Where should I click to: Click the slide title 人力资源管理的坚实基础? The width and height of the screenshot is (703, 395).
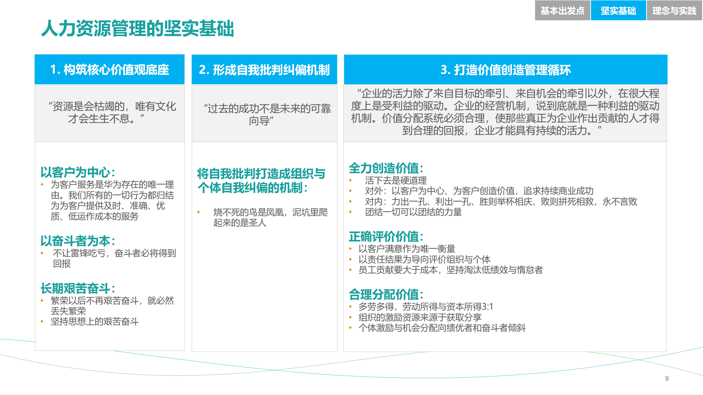click(137, 28)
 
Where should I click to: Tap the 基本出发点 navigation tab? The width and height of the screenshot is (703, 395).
click(562, 11)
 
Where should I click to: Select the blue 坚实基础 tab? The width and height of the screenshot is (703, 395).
click(618, 11)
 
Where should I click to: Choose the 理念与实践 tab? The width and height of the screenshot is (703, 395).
click(674, 11)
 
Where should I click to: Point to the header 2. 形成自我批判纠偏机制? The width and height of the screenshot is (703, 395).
click(264, 70)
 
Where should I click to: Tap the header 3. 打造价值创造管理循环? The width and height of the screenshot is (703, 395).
click(505, 70)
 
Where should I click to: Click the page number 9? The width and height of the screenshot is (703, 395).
click(667, 379)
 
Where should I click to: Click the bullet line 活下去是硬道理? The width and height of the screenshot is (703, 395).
click(396, 180)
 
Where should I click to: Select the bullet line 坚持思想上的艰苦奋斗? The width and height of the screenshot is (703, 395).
click(94, 321)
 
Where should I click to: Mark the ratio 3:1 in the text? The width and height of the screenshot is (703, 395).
click(488, 307)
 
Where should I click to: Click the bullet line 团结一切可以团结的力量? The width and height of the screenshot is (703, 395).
click(413, 212)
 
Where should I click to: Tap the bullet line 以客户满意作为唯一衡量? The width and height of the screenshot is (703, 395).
click(407, 249)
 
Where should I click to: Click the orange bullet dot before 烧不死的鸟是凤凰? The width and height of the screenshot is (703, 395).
click(198, 212)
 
